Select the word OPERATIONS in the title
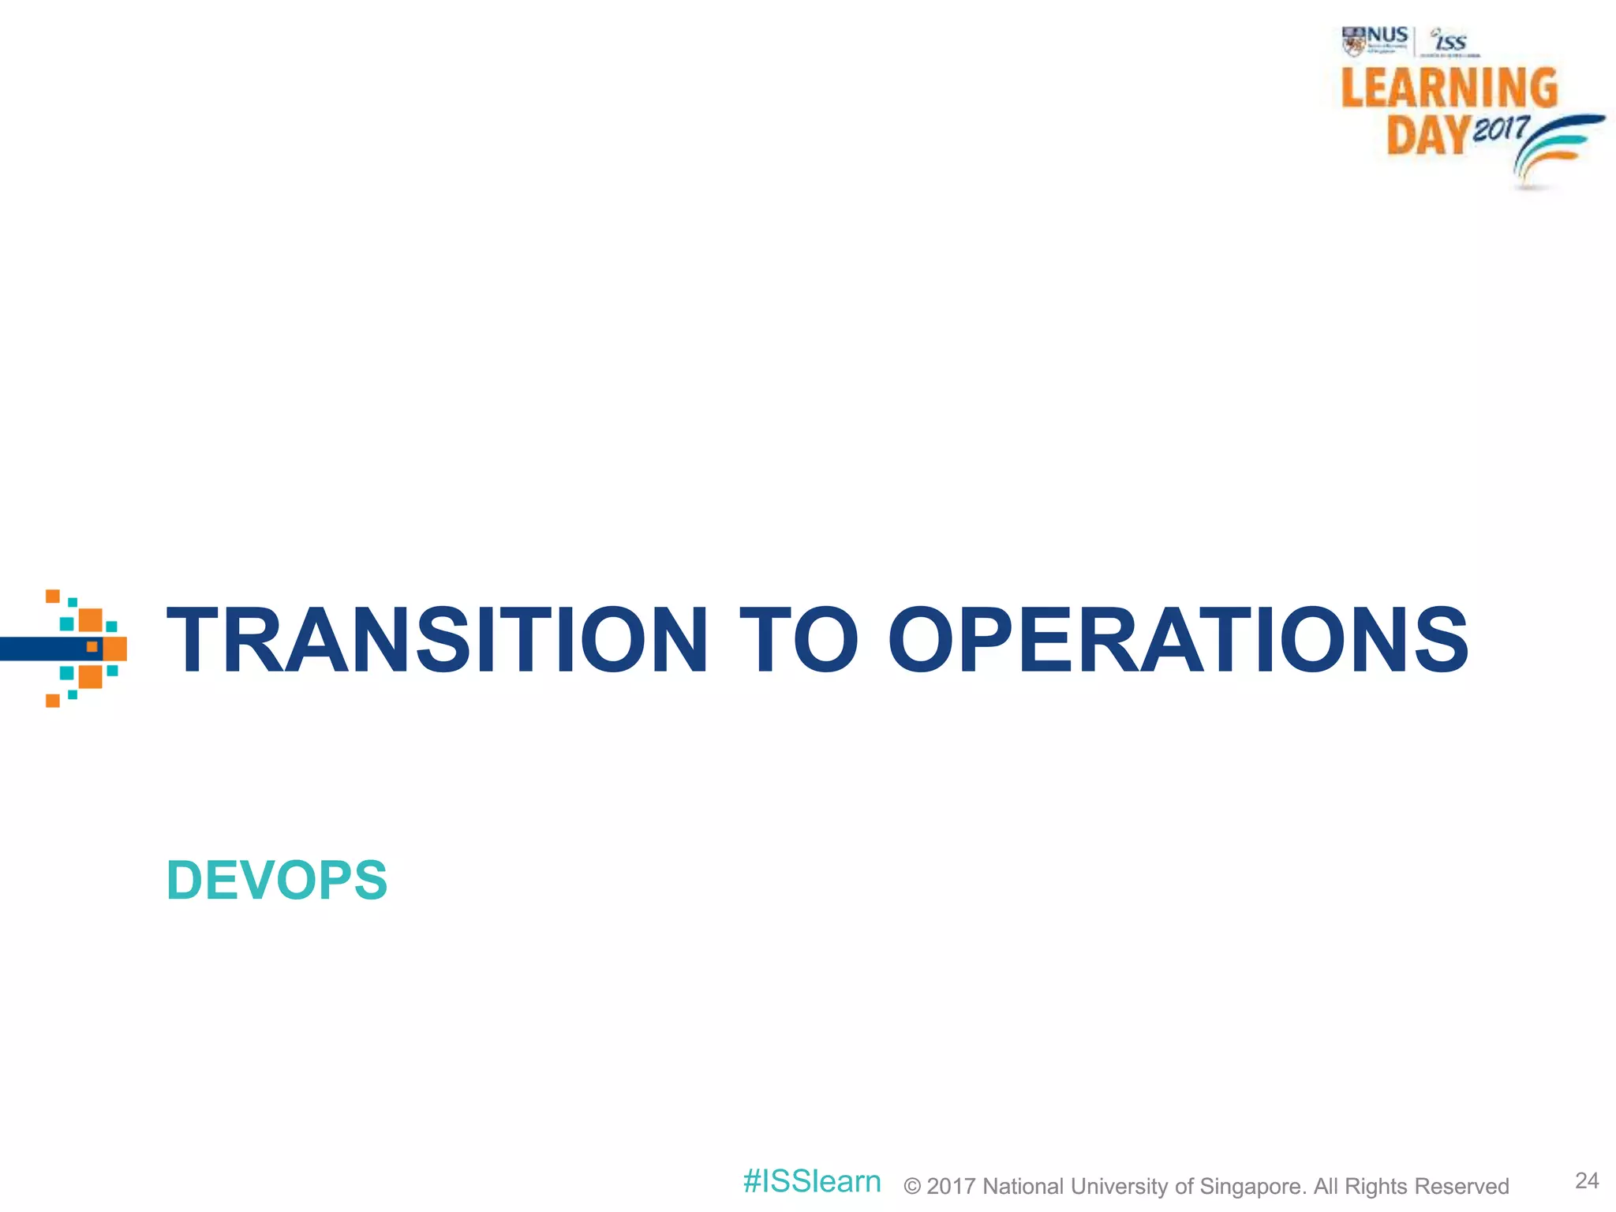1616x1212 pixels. coord(1177,640)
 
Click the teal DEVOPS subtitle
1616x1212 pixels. coord(277,880)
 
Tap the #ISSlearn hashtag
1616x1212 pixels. coord(812,1181)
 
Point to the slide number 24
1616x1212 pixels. coord(1587,1180)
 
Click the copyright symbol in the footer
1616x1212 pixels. coord(912,1187)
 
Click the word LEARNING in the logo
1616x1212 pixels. coord(1450,88)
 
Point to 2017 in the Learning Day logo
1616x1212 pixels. coord(1501,128)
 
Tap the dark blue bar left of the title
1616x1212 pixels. coord(43,649)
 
